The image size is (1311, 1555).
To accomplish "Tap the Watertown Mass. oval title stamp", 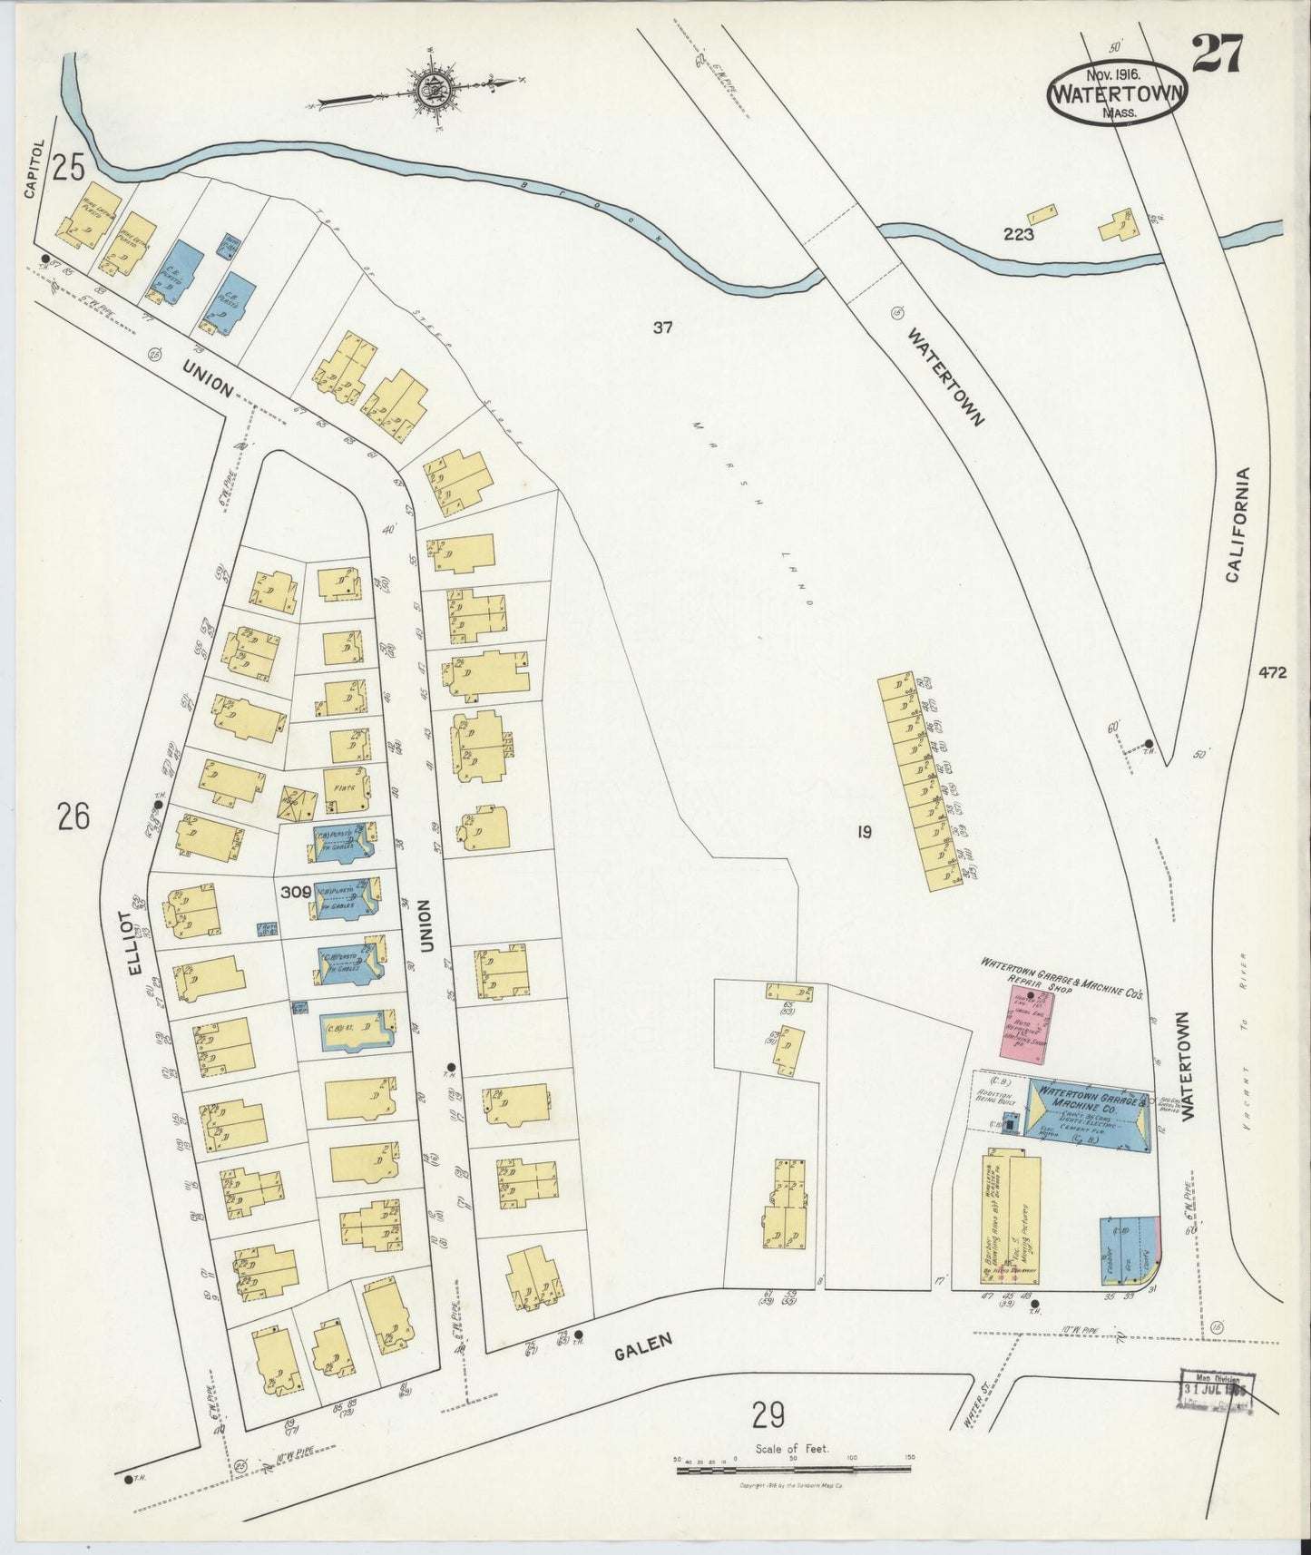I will (1117, 93).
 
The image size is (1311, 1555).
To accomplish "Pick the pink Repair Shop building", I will (1028, 1031).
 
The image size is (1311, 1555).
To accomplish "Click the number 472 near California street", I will (1272, 673).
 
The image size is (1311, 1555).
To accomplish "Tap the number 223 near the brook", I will (1019, 234).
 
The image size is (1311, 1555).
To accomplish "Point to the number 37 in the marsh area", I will (662, 328).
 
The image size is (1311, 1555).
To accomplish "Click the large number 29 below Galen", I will (768, 1413).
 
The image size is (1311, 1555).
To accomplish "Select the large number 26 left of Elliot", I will (73, 818).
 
